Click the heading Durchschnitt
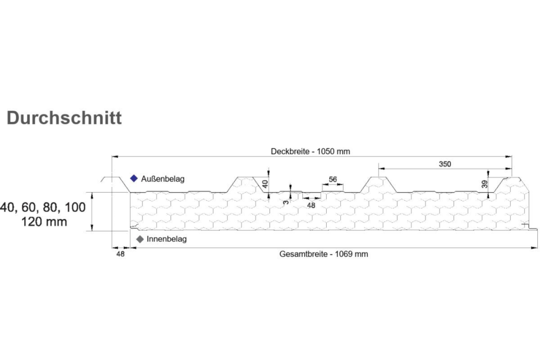[x=64, y=118]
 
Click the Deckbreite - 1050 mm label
[x=310, y=152]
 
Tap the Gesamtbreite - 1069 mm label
[x=323, y=254]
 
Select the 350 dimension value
[x=444, y=164]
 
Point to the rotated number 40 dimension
[x=265, y=184]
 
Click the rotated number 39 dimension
[x=484, y=184]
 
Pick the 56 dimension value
[x=333, y=179]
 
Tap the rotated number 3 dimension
[x=286, y=202]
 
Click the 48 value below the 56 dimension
[x=311, y=206]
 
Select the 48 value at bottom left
[x=120, y=254]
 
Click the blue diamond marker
[x=133, y=178]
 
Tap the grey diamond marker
[x=140, y=239]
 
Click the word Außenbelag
[x=163, y=179]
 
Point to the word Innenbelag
[x=167, y=239]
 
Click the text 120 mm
[x=44, y=222]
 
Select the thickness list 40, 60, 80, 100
[x=43, y=207]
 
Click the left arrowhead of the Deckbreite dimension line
[x=115, y=157]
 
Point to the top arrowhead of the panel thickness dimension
[x=92, y=195]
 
